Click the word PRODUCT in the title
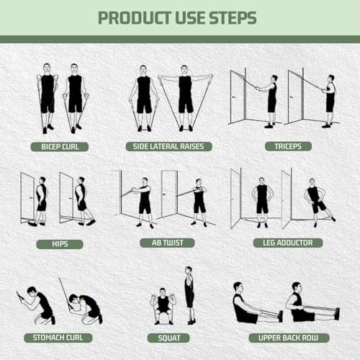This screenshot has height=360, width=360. pyautogui.click(x=130, y=17)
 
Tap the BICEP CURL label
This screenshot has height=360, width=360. pyautogui.click(x=60, y=146)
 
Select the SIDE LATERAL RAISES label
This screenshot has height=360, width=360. pyautogui.click(x=169, y=146)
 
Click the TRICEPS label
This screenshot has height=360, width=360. pyautogui.click(x=283, y=146)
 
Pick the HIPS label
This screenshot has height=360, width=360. pyautogui.click(x=60, y=244)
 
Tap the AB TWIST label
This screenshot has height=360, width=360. pyautogui.click(x=167, y=243)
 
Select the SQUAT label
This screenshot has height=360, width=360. pyautogui.click(x=168, y=337)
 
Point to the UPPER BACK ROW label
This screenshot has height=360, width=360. pyautogui.click(x=284, y=337)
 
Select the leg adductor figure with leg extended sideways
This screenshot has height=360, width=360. pyautogui.click(x=316, y=202)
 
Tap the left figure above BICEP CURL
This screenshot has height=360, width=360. pyautogui.click(x=48, y=97)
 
